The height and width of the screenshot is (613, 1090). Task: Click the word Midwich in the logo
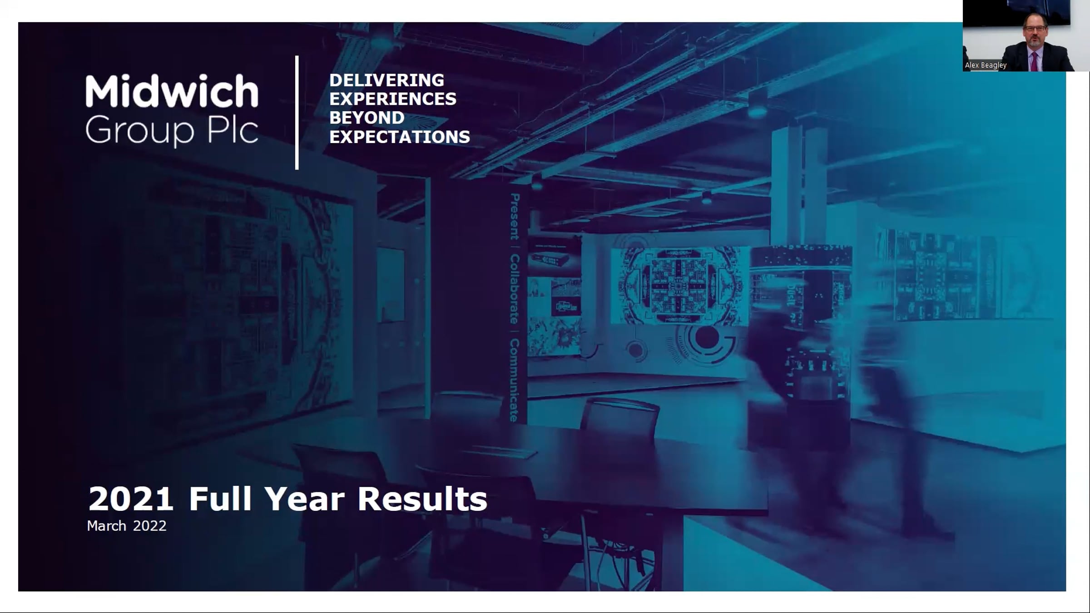[x=172, y=91]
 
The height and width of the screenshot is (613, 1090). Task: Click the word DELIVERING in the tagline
[x=386, y=80]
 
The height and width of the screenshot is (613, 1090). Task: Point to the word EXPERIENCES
[x=393, y=99]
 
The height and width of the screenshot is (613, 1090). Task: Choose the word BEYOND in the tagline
[x=367, y=118]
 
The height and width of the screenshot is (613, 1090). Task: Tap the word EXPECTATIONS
[x=400, y=137]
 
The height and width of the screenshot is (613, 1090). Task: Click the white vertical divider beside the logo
[x=297, y=113]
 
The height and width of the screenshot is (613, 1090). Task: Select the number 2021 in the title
[x=131, y=499]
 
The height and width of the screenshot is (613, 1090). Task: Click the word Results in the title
[x=422, y=499]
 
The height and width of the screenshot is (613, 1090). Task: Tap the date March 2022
[x=127, y=526]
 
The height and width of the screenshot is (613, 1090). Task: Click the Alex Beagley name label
[x=986, y=65]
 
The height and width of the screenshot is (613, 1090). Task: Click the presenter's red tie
[x=1035, y=62]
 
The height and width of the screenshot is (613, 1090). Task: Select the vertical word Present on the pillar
[x=515, y=217]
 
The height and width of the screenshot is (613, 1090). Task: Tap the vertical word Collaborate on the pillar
[x=515, y=289]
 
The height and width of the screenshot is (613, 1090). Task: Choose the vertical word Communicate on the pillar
[x=515, y=380]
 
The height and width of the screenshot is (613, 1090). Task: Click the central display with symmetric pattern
[x=680, y=286]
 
